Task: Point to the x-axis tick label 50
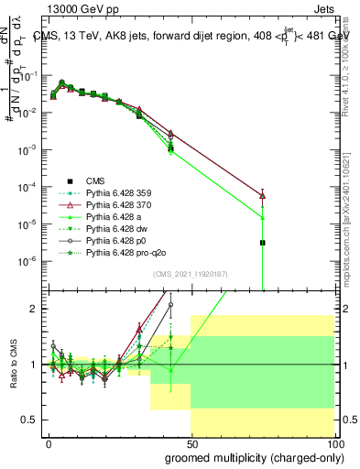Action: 191,442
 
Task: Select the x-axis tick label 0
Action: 49,442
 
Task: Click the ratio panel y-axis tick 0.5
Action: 30,420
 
